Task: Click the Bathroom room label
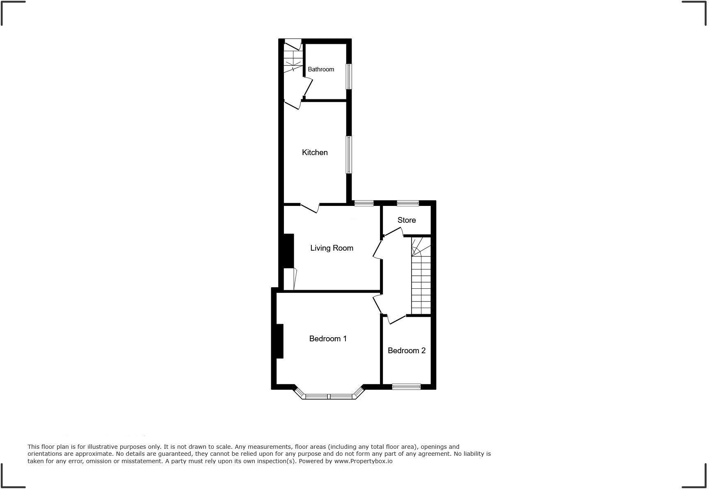point(321,69)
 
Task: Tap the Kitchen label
point(315,153)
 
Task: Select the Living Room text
point(332,248)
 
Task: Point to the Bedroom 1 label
point(328,339)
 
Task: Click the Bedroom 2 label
point(406,351)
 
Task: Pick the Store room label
point(407,220)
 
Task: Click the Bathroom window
point(349,76)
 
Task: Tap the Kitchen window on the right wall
point(349,155)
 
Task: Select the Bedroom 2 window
point(406,386)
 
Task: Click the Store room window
point(408,203)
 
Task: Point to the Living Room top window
point(364,203)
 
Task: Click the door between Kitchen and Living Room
point(310,208)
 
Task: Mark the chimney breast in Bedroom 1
point(279,341)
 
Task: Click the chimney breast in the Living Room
point(288,251)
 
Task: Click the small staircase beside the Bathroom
point(293,57)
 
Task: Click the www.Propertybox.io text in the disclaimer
point(363,461)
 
